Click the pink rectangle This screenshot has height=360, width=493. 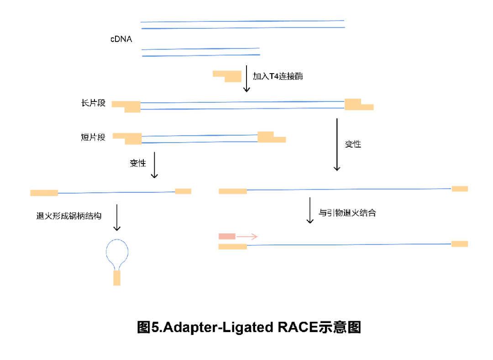pyautogui.click(x=226, y=236)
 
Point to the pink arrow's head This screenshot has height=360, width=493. pyautogui.click(x=257, y=237)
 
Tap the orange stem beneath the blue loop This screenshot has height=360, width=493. pyautogui.click(x=117, y=278)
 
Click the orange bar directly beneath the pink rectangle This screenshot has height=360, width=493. pyautogui.click(x=232, y=247)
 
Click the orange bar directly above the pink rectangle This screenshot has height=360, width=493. pyautogui.click(x=232, y=191)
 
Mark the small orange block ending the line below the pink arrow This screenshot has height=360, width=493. pyautogui.click(x=460, y=244)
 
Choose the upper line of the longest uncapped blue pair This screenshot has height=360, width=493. pyautogui.click(x=242, y=21)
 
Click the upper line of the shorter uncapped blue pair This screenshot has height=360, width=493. pyautogui.click(x=200, y=48)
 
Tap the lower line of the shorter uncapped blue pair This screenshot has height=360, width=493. pyautogui.click(x=201, y=55)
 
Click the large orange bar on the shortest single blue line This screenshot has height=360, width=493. pyautogui.click(x=44, y=193)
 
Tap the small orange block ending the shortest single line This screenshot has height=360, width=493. pyautogui.click(x=183, y=191)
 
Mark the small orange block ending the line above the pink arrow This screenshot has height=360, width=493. pyautogui.click(x=460, y=189)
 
